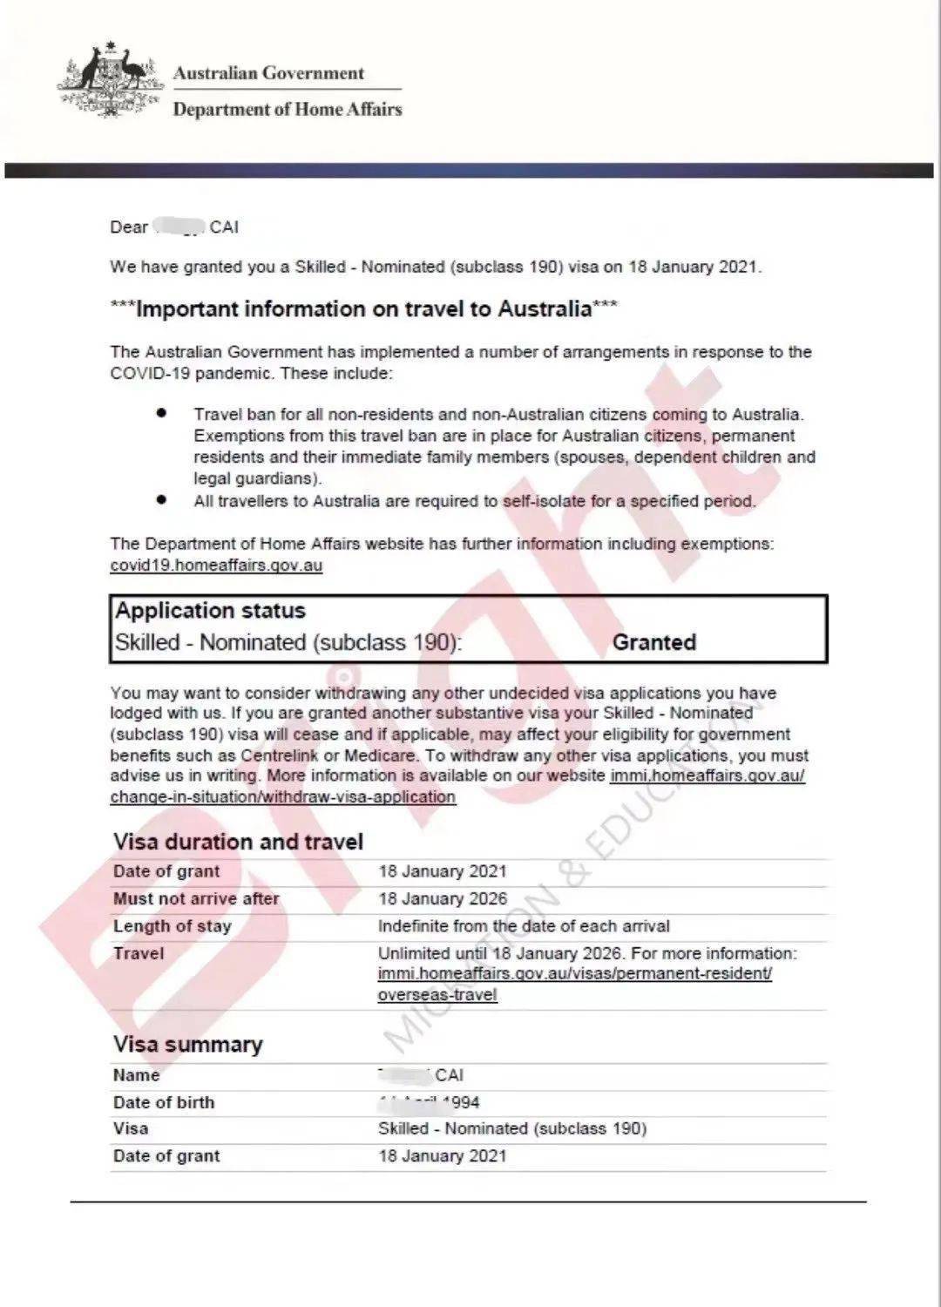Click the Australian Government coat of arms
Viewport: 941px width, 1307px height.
click(111, 80)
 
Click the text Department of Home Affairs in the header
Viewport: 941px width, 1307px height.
click(288, 110)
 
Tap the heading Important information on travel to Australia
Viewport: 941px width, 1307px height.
click(364, 309)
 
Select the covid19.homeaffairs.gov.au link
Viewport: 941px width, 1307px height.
click(216, 565)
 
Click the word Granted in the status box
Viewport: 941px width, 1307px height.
click(653, 643)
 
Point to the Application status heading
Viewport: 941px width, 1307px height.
click(211, 611)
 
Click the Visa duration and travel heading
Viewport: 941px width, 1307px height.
click(238, 842)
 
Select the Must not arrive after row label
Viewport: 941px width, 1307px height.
click(196, 899)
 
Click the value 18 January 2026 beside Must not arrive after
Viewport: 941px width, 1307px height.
click(442, 899)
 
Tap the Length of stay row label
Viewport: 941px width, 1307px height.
click(173, 926)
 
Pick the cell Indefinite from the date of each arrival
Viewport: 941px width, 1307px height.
click(524, 926)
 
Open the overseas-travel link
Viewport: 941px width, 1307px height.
click(437, 995)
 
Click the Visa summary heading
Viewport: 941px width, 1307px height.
click(187, 1045)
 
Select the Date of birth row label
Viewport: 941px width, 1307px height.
click(164, 1102)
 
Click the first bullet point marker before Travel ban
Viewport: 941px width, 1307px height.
click(161, 413)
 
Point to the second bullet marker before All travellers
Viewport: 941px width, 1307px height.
click(161, 499)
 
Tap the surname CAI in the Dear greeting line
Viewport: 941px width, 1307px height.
click(224, 227)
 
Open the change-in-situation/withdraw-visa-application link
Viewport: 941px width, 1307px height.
click(282, 797)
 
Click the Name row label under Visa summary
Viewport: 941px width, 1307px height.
click(137, 1075)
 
